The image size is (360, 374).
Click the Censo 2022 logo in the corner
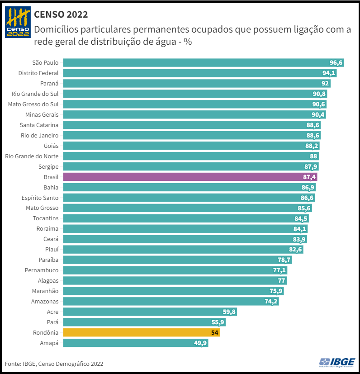(x=18, y=23)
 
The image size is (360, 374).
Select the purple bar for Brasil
(x=190, y=177)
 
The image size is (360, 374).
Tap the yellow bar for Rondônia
(x=142, y=333)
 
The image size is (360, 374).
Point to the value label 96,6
(x=336, y=63)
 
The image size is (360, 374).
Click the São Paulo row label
(x=45, y=63)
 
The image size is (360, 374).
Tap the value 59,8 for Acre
(x=228, y=312)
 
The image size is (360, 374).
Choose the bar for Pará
(x=144, y=322)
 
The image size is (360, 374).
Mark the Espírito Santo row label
(x=40, y=198)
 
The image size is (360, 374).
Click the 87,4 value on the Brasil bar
(x=309, y=177)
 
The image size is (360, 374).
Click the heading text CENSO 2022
(x=61, y=14)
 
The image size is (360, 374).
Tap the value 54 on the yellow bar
(x=215, y=333)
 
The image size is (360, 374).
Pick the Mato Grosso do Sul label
(x=33, y=104)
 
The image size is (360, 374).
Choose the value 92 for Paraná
(x=325, y=84)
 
